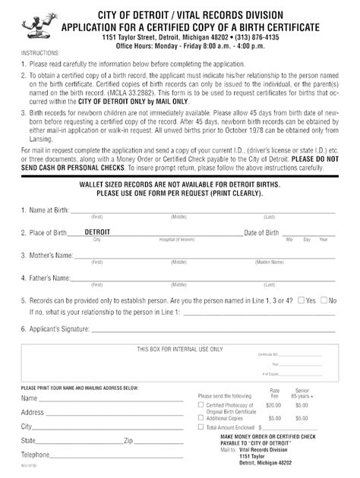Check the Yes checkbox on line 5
click(302, 300)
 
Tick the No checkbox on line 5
click(323, 300)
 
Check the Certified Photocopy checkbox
click(201, 405)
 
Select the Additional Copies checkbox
click(201, 417)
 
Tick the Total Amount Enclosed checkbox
click(201, 427)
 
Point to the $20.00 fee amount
click(273, 406)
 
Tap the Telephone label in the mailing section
click(36, 454)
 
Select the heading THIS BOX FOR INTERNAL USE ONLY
click(180, 349)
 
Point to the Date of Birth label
click(261, 233)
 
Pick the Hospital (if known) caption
click(176, 239)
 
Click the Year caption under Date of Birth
click(324, 239)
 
